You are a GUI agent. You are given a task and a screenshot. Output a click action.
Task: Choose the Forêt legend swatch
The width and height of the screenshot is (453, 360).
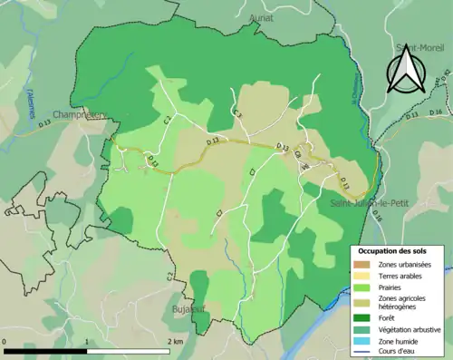point(366,317)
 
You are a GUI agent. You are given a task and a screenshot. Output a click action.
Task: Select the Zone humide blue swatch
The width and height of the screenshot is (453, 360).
point(366,341)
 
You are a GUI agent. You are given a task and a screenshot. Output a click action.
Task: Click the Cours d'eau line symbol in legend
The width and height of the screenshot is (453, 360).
point(366,353)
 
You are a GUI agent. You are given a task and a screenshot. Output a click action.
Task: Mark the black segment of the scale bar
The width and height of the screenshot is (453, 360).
point(45,352)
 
